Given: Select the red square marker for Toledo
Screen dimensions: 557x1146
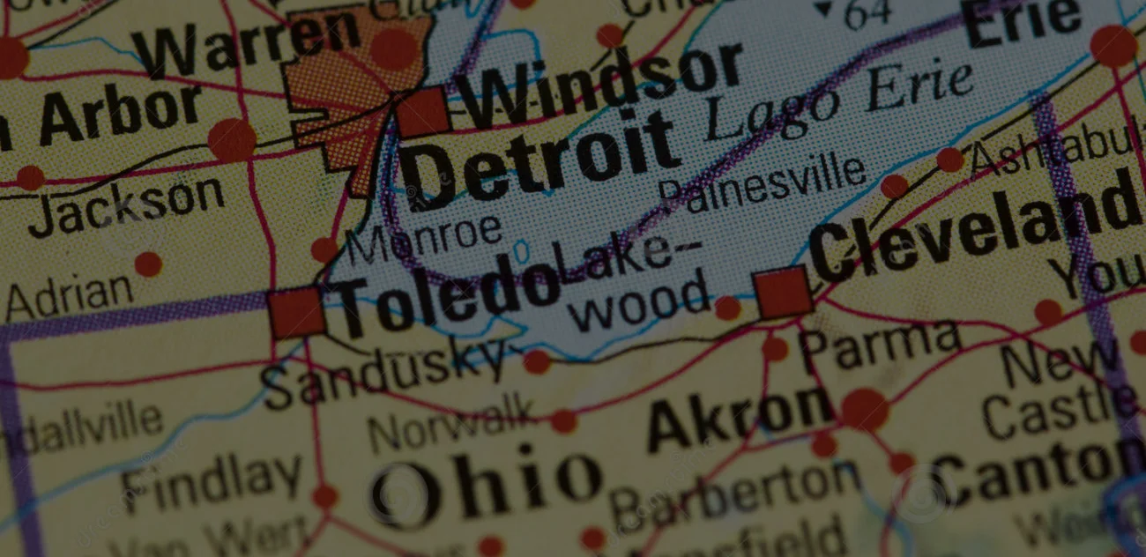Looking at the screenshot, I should pos(296,313).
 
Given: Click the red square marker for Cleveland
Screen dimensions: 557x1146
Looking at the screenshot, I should pos(783,293).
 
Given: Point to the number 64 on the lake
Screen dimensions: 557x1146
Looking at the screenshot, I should pos(867,12).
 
